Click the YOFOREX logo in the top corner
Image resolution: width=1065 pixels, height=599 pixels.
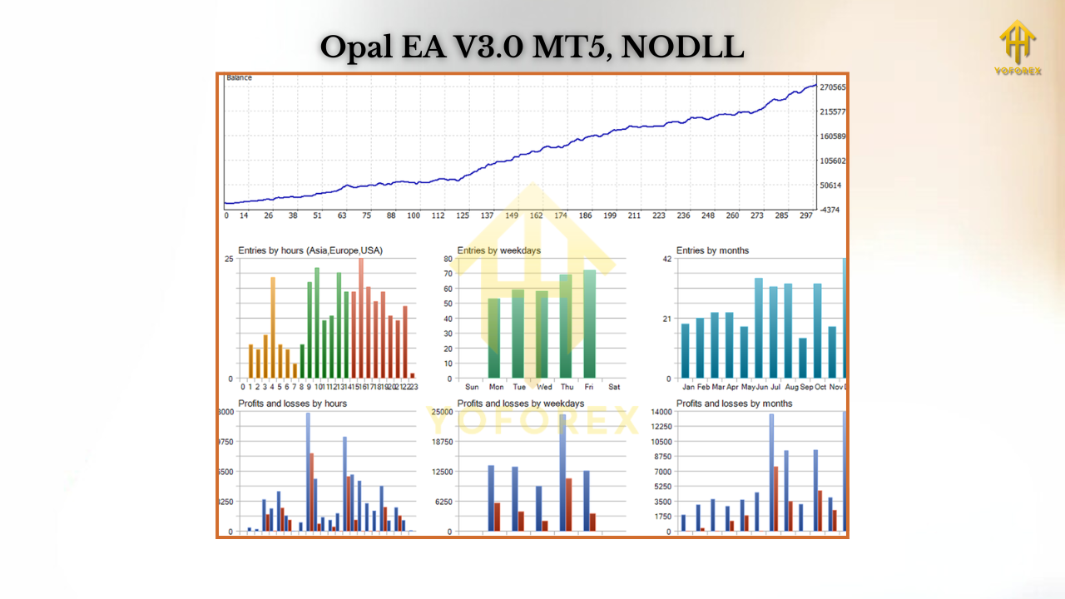point(1017,47)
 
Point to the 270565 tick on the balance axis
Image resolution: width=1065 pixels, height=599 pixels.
point(833,87)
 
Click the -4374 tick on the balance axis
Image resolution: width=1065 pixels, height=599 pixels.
point(830,210)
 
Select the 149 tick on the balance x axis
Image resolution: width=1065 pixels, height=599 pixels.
point(512,215)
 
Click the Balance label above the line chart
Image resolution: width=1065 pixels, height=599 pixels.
point(239,78)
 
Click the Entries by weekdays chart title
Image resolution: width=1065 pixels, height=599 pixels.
point(498,250)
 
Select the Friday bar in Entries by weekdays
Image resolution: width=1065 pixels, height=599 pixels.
point(590,324)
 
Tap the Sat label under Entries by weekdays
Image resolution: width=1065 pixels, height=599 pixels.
point(614,387)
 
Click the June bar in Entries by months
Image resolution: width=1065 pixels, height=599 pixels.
point(759,328)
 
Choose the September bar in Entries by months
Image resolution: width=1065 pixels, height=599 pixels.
point(803,358)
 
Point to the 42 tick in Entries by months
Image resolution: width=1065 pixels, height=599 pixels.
point(666,260)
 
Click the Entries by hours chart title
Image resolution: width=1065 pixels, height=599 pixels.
point(310,250)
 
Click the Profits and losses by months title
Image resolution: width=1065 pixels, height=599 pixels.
point(734,403)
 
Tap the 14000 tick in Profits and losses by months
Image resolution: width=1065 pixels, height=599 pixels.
point(661,413)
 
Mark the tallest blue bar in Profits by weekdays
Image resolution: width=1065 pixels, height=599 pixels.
point(562,472)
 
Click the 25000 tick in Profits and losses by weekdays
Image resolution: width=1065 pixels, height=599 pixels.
point(442,413)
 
